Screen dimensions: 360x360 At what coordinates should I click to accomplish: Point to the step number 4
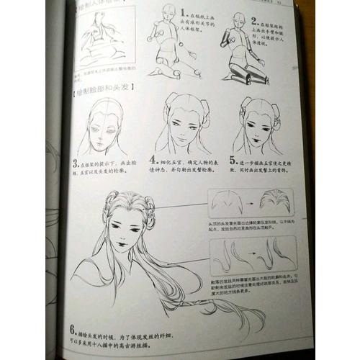pyautogui.click(x=153, y=160)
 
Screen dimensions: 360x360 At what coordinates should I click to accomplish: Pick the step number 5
pyautogui.click(x=233, y=160)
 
